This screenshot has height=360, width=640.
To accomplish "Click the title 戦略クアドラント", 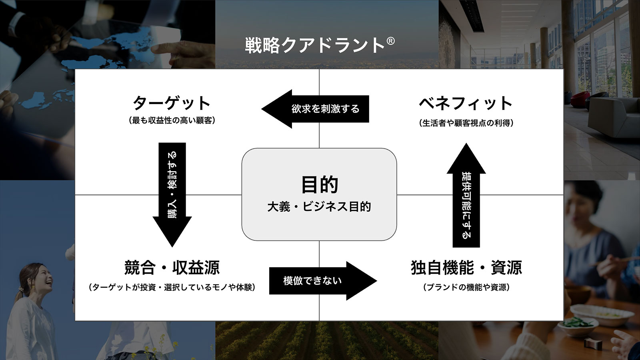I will [315, 45].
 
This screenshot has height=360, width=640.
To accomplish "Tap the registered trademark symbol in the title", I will [391, 41].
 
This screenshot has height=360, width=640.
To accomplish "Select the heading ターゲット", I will [172, 103].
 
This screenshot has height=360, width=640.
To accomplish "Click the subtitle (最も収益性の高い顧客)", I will [172, 120].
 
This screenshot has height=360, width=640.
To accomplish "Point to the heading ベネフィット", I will [466, 103].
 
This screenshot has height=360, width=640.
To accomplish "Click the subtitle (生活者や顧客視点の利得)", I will [466, 123].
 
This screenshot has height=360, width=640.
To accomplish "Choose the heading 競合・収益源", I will [172, 268].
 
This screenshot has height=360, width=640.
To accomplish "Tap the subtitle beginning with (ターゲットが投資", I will [172, 287].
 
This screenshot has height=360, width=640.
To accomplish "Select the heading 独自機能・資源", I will [466, 268].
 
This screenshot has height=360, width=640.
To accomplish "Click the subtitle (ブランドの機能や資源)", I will [466, 287].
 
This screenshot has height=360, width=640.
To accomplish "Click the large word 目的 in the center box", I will [319, 184].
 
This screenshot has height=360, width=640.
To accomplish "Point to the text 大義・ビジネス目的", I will [319, 207].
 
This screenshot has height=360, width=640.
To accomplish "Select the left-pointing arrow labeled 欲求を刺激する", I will [316, 109].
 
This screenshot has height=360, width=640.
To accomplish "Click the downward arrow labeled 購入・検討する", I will [172, 192].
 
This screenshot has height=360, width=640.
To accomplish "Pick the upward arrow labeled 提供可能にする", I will [466, 196].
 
